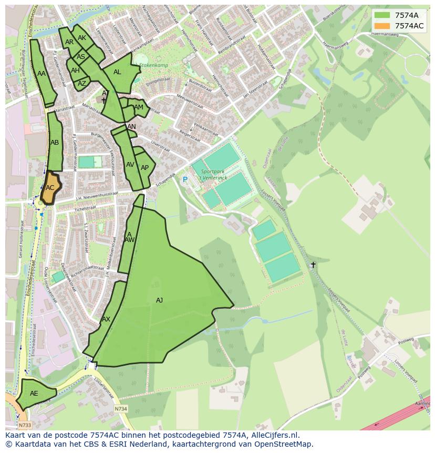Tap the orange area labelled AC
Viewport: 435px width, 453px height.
click(50, 188)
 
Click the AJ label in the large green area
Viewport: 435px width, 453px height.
click(159, 300)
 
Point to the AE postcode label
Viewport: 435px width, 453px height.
click(34, 394)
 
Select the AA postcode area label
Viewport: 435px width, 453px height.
click(42, 74)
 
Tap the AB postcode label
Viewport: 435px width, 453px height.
click(55, 143)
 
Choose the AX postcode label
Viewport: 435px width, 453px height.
click(106, 319)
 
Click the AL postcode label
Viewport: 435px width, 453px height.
click(117, 72)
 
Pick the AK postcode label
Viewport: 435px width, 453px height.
click(82, 38)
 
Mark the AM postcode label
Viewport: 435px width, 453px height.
click(139, 107)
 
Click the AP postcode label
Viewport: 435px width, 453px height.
click(144, 168)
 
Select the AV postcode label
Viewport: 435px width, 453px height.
click(130, 165)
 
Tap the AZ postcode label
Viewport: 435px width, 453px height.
click(82, 84)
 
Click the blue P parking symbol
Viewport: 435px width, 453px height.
click(184, 180)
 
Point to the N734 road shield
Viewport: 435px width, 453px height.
click(121, 409)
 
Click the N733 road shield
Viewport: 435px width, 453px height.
click(24, 425)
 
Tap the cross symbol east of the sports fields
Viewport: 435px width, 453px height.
click(313, 265)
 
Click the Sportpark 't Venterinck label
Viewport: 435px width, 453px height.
click(212, 175)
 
